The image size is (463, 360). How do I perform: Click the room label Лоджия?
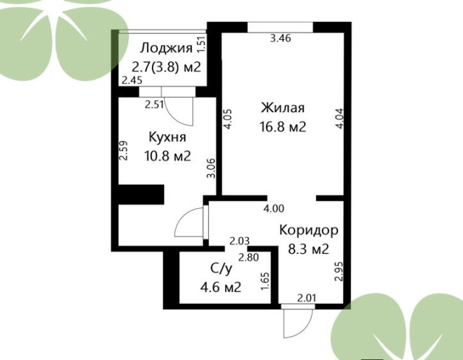(166, 48)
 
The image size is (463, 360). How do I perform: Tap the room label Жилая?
(283, 108)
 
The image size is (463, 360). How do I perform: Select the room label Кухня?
(167, 137)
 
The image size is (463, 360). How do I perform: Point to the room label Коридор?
(309, 231)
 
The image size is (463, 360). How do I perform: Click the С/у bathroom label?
(221, 269)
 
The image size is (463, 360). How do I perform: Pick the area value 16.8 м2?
(283, 127)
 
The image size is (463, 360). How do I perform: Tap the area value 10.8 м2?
(167, 156)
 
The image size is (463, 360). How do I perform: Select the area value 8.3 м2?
(308, 249)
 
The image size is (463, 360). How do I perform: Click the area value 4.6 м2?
(221, 287)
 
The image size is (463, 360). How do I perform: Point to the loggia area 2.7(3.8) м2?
(166, 67)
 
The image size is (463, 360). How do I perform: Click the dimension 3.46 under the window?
(281, 38)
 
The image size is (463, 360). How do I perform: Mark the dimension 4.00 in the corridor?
(273, 209)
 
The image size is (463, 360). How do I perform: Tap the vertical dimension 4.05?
(229, 119)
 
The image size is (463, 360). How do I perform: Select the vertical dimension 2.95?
(340, 272)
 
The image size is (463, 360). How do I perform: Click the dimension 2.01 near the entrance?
(307, 298)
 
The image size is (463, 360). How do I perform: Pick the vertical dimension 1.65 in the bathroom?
(266, 280)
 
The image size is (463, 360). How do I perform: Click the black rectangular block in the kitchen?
(141, 194)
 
